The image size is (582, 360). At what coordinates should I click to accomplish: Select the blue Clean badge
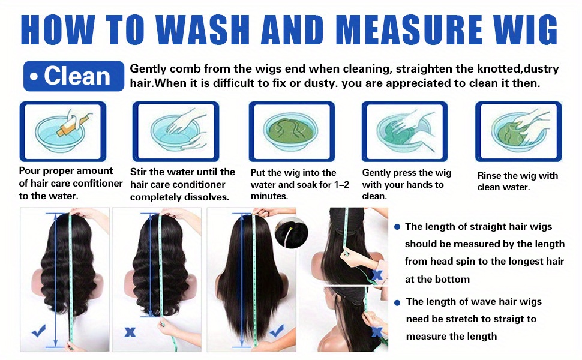73,76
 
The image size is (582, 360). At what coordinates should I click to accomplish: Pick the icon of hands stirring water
176,132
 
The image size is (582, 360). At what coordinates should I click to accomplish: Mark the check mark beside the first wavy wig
38,331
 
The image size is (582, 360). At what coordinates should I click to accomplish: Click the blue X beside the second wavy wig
130,332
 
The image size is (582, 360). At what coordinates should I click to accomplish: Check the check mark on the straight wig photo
277,331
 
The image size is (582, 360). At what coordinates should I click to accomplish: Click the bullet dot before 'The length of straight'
397,227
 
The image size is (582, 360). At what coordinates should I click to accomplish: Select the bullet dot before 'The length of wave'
397,303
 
